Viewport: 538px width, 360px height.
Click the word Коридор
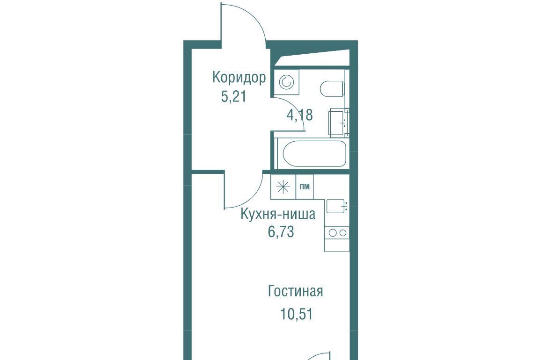point(239,78)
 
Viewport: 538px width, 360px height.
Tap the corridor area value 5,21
point(233,97)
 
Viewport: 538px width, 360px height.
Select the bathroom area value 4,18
point(299,115)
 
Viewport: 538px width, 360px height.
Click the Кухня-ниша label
point(278,214)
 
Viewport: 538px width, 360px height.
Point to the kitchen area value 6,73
point(281,232)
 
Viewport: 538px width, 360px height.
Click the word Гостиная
point(295,291)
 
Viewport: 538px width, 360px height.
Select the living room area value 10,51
point(297,314)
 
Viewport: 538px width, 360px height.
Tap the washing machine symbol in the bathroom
point(286,82)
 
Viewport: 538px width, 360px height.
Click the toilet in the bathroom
point(332,89)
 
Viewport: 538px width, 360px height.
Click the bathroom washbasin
point(338,122)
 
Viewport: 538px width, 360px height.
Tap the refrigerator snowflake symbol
point(283,187)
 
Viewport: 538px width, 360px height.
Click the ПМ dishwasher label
point(305,187)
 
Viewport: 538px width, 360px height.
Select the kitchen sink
point(337,206)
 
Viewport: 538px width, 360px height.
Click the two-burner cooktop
point(337,233)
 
